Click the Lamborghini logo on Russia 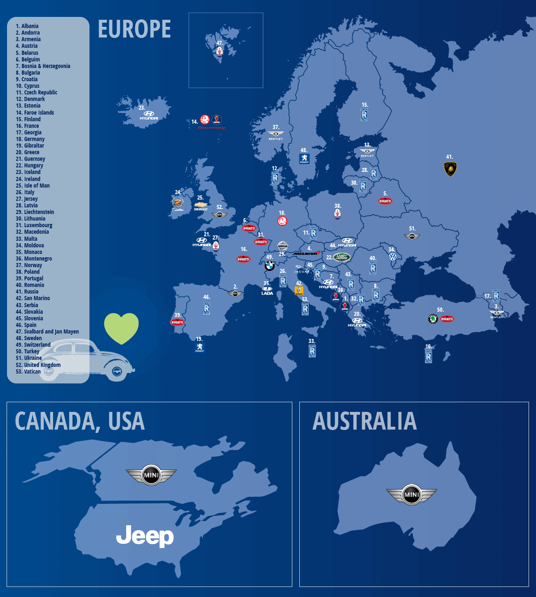click(450, 169)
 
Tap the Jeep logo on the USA click(145, 536)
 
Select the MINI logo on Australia click(411, 494)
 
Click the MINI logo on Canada click(151, 475)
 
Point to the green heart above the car click(121, 328)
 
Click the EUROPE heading click(134, 29)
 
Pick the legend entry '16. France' click(27, 126)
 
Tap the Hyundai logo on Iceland click(149, 115)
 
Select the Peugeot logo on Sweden click(304, 158)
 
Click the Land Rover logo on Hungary click(341, 257)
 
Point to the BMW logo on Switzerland click(269, 266)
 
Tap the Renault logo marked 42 click(299, 291)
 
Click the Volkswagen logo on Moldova click(393, 256)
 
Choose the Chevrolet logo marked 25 click(201, 205)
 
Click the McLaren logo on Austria click(307, 253)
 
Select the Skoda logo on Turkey click(433, 319)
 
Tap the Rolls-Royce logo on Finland click(364, 115)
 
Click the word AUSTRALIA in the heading click(364, 421)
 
